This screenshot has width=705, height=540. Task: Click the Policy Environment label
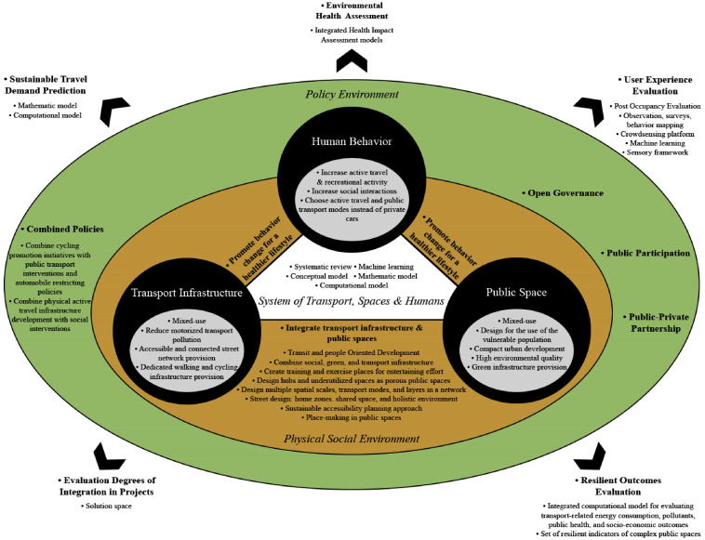[x=352, y=95]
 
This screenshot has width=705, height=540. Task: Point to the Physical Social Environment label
[x=352, y=438]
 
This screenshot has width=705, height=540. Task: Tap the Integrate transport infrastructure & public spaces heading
[x=352, y=330]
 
